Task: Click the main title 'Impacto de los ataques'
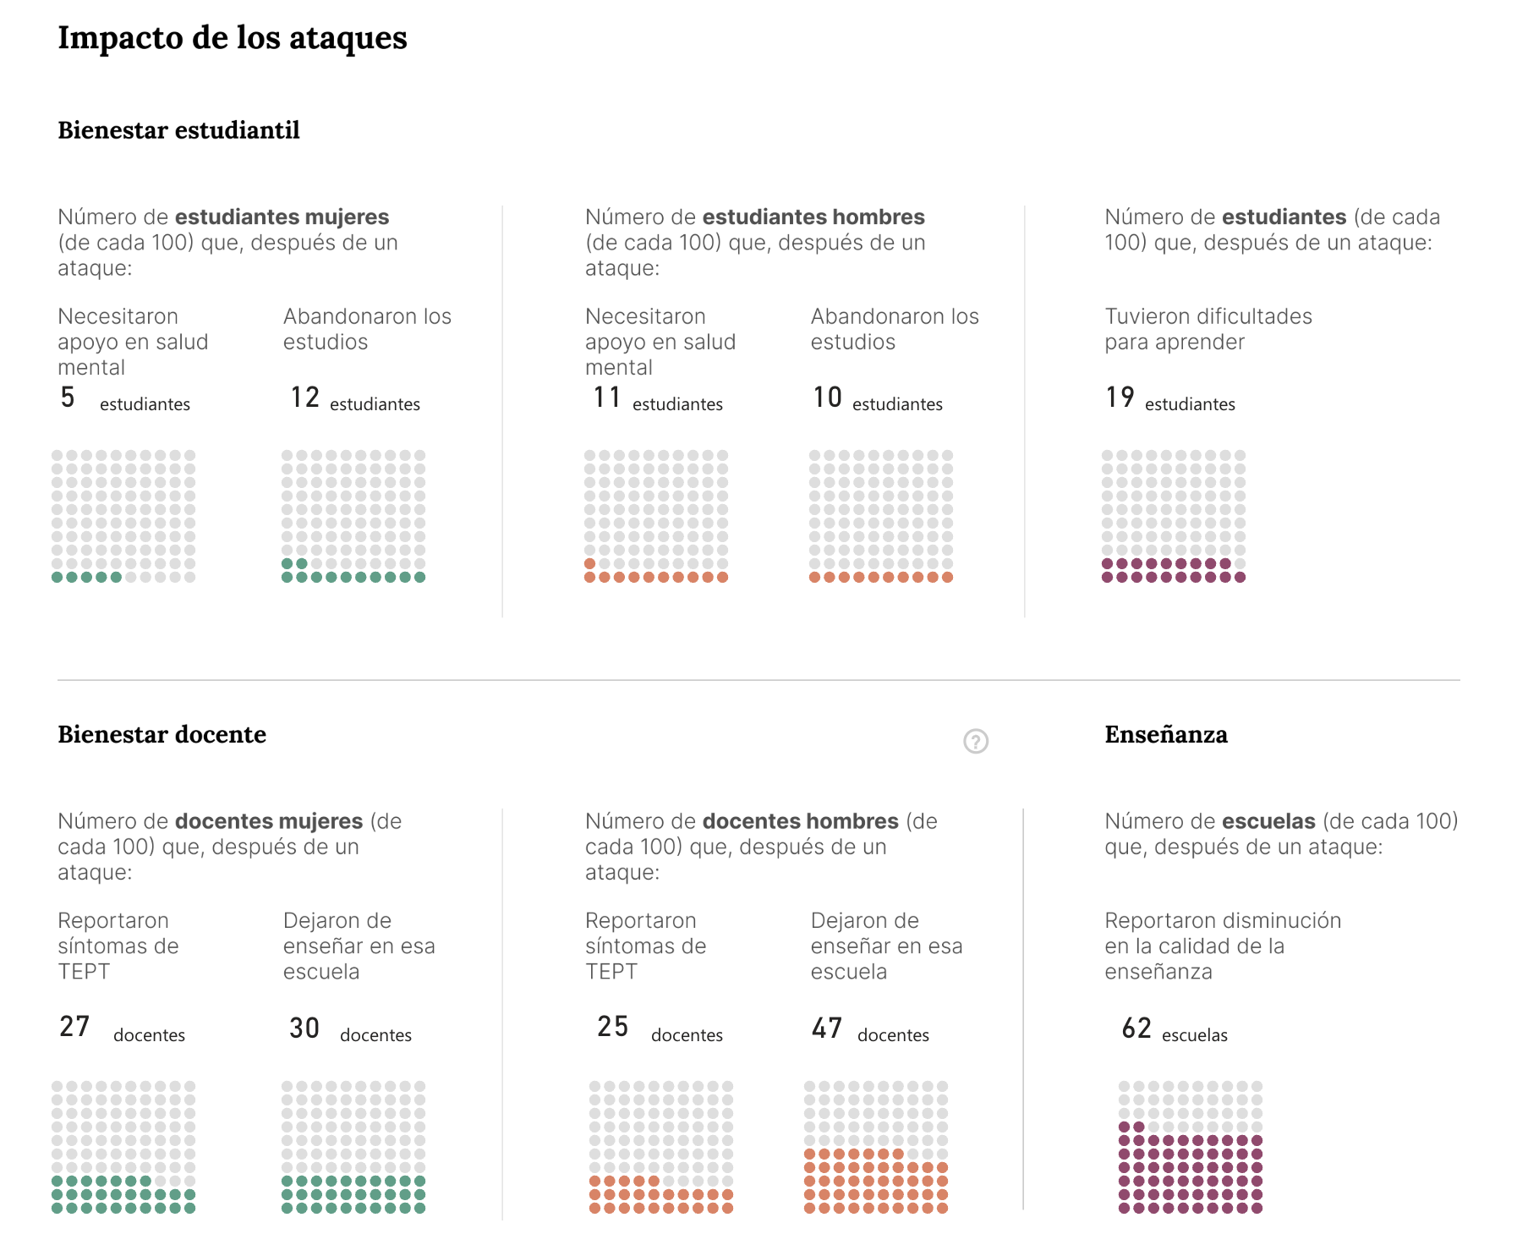(x=233, y=38)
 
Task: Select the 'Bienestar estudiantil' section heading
(x=178, y=130)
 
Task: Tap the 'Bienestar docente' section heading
(x=162, y=734)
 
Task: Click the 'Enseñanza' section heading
(x=1165, y=734)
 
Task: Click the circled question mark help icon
(x=976, y=742)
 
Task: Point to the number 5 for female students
(x=68, y=398)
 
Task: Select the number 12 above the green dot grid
(x=304, y=398)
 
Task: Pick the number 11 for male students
(x=607, y=398)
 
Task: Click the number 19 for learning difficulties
(x=1120, y=398)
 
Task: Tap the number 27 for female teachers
(x=74, y=1027)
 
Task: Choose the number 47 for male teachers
(x=827, y=1028)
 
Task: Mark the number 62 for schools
(x=1136, y=1028)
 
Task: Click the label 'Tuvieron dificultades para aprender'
(x=1208, y=329)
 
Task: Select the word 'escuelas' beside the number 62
(x=1194, y=1035)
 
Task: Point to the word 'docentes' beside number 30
(x=375, y=1035)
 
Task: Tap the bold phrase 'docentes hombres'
(x=800, y=821)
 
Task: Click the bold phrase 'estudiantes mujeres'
(x=282, y=217)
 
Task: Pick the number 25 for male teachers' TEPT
(x=613, y=1027)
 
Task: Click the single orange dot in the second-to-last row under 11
(x=590, y=564)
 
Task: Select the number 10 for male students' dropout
(x=827, y=398)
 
